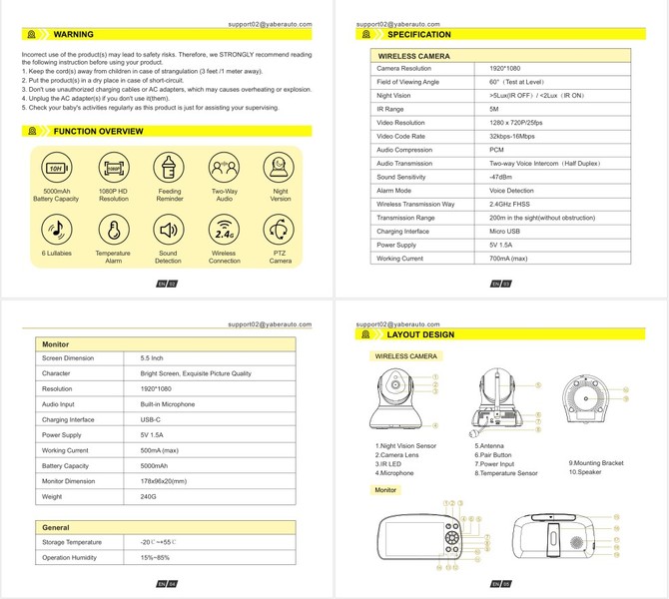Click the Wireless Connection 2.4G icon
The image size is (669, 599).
tap(225, 230)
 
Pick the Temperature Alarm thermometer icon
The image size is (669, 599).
tap(112, 230)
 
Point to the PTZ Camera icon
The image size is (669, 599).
tap(281, 230)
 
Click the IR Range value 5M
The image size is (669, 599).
tap(494, 108)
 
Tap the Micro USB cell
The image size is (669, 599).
tap(506, 231)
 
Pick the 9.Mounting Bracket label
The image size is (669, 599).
tap(596, 462)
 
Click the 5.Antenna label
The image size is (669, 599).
tap(490, 446)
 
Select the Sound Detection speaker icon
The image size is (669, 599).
tap(167, 230)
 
